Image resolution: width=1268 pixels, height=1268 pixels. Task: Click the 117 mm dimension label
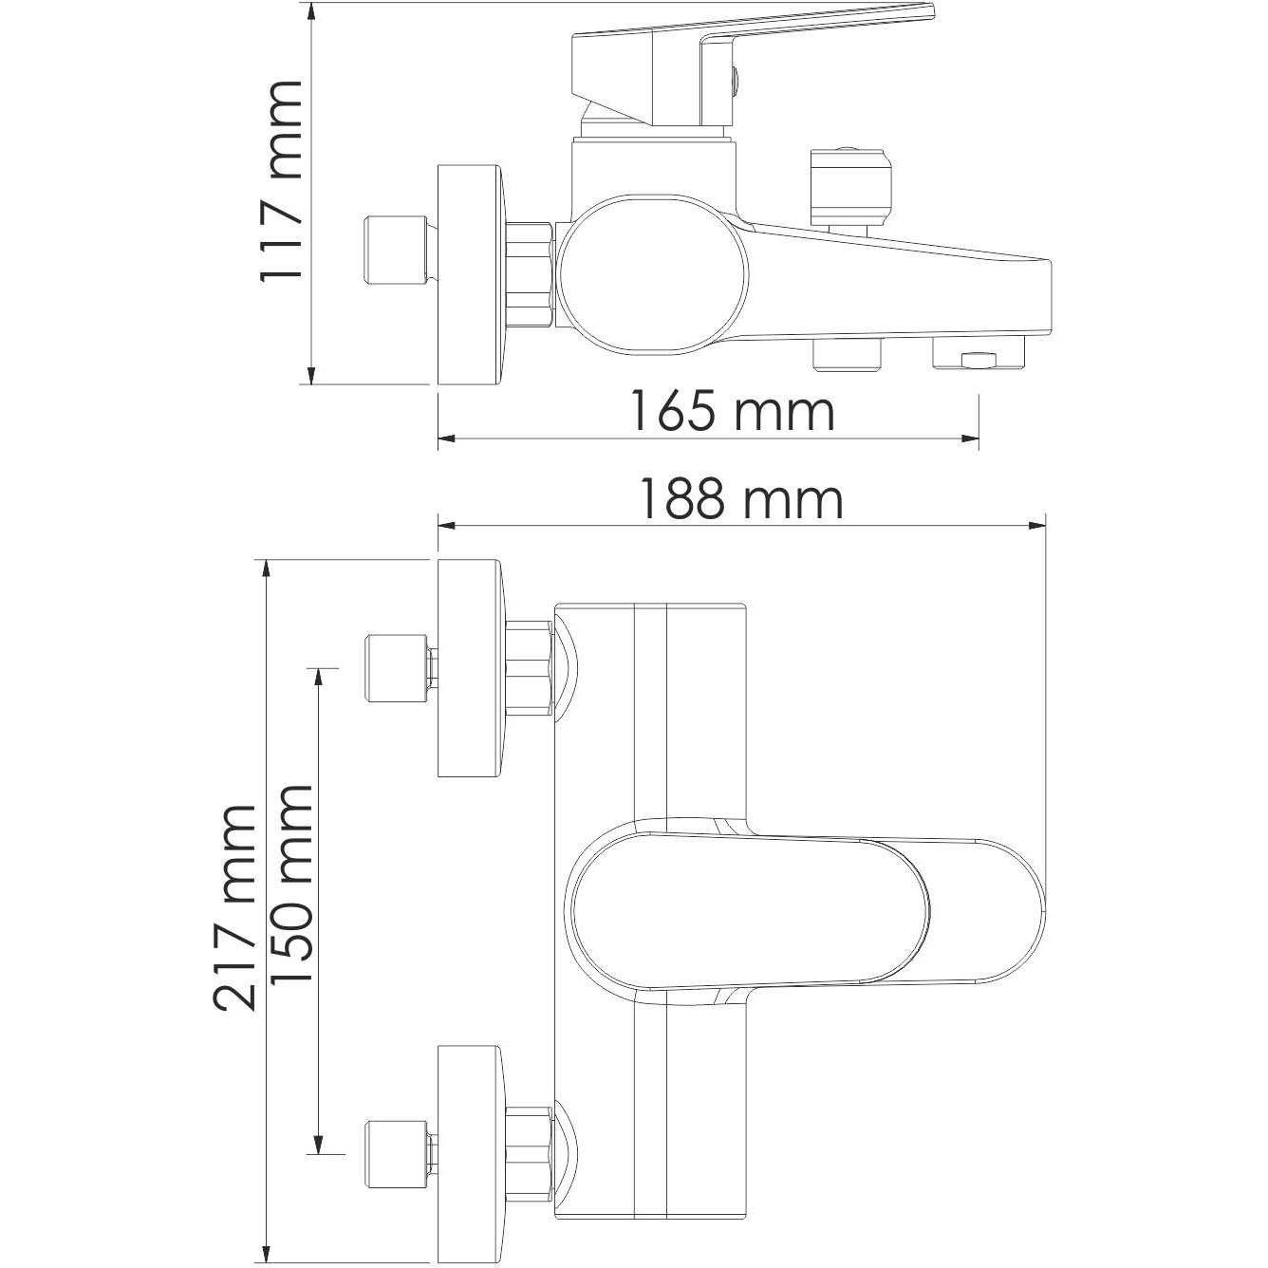click(x=282, y=180)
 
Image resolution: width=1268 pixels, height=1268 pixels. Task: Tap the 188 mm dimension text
click(x=740, y=499)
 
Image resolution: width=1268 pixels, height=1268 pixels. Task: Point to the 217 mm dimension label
click(x=234, y=907)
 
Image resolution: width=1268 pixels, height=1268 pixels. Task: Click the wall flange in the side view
click(x=471, y=275)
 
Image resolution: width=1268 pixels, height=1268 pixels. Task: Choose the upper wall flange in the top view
click(x=471, y=668)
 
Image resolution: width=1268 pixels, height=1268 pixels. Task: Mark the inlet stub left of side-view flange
click(x=393, y=251)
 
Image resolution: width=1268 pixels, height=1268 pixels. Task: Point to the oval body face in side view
click(x=654, y=275)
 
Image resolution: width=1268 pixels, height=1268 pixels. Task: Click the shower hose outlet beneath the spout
click(x=848, y=355)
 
